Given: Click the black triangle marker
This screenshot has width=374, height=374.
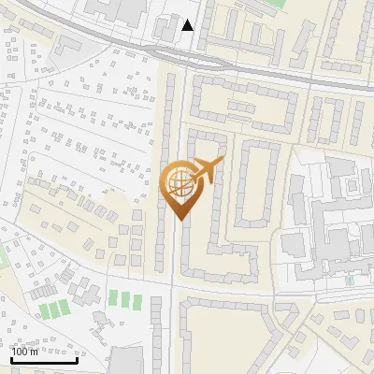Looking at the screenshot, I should coord(188,25).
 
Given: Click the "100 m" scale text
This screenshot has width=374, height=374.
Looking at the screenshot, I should coord(24,352).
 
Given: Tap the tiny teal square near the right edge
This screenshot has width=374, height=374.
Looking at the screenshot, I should coord(350,280).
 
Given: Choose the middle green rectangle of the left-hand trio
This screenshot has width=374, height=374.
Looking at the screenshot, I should coord(52,309).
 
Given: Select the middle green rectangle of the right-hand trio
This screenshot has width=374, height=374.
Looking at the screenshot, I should coord(125,300).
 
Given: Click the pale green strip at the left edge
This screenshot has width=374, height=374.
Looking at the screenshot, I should coord(3,257).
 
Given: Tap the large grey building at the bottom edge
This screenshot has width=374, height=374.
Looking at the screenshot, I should coord(127,362).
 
